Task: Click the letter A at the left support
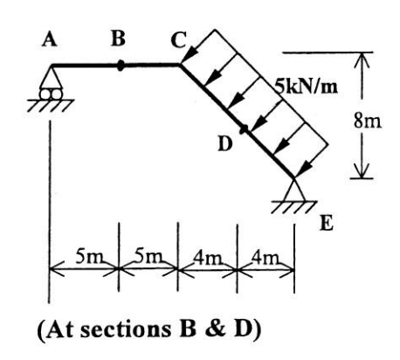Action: click(49, 39)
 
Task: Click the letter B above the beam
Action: click(118, 38)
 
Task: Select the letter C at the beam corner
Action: click(178, 39)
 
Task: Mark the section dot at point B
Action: click(121, 63)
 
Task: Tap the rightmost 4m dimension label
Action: click(266, 259)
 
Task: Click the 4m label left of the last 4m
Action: click(206, 259)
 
